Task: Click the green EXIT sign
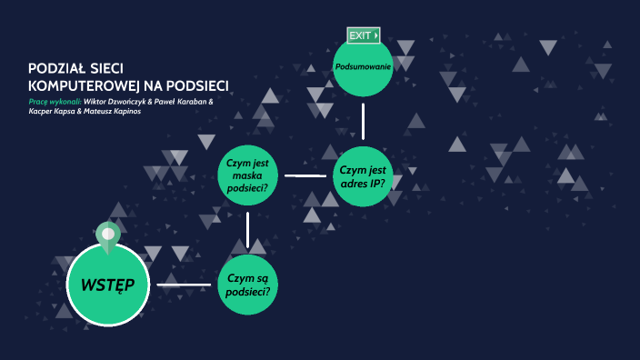pos(363,35)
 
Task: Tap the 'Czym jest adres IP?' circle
pos(363,175)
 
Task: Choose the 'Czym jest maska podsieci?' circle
pos(248,175)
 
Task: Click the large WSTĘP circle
pos(107,285)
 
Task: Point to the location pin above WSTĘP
pos(107,235)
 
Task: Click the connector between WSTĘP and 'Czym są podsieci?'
pos(184,285)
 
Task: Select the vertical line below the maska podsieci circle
pos(247,230)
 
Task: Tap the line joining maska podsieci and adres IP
pos(305,175)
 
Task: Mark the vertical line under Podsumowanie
pos(363,121)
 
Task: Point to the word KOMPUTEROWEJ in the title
pos(74,85)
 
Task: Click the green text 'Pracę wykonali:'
pos(55,101)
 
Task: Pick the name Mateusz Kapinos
pos(114,112)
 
